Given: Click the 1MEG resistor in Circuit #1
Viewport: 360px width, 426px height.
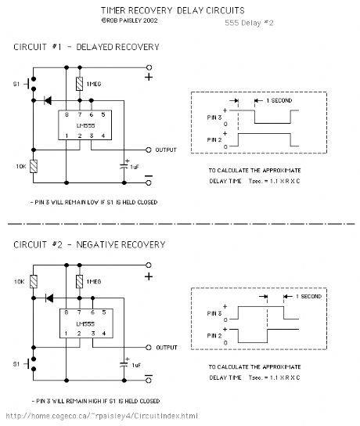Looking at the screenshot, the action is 79,84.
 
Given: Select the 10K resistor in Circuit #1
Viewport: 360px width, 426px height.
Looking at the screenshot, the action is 34,166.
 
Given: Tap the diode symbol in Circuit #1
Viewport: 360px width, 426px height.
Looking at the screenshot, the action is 48,100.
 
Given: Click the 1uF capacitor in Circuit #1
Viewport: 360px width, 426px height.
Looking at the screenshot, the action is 124,166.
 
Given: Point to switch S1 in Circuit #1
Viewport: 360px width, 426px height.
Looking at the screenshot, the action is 31,84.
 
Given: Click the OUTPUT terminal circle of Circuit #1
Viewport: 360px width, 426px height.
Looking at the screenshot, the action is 149,150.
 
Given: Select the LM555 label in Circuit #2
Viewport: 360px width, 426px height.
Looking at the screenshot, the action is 85,324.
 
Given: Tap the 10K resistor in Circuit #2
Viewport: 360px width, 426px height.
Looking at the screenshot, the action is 34,282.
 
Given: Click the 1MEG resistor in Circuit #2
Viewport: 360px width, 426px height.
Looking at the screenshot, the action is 79,282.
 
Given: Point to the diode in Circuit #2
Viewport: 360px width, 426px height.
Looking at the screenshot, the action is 49,298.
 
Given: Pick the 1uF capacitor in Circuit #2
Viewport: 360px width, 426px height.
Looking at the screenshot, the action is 124,364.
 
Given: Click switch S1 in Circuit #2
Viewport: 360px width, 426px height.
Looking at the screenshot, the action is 31,364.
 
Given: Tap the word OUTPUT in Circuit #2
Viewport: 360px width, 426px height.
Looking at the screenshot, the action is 167,348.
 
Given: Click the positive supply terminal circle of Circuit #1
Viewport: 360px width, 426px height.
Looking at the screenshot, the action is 149,67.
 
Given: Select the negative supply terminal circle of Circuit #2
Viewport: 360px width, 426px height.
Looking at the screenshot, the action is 149,381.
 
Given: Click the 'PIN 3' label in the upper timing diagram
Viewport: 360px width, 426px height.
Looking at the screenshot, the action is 214,117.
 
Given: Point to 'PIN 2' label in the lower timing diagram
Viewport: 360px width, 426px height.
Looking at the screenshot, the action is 214,336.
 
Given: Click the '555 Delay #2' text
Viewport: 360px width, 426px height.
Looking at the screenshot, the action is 249,23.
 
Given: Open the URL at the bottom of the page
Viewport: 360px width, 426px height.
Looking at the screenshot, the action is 102,416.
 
